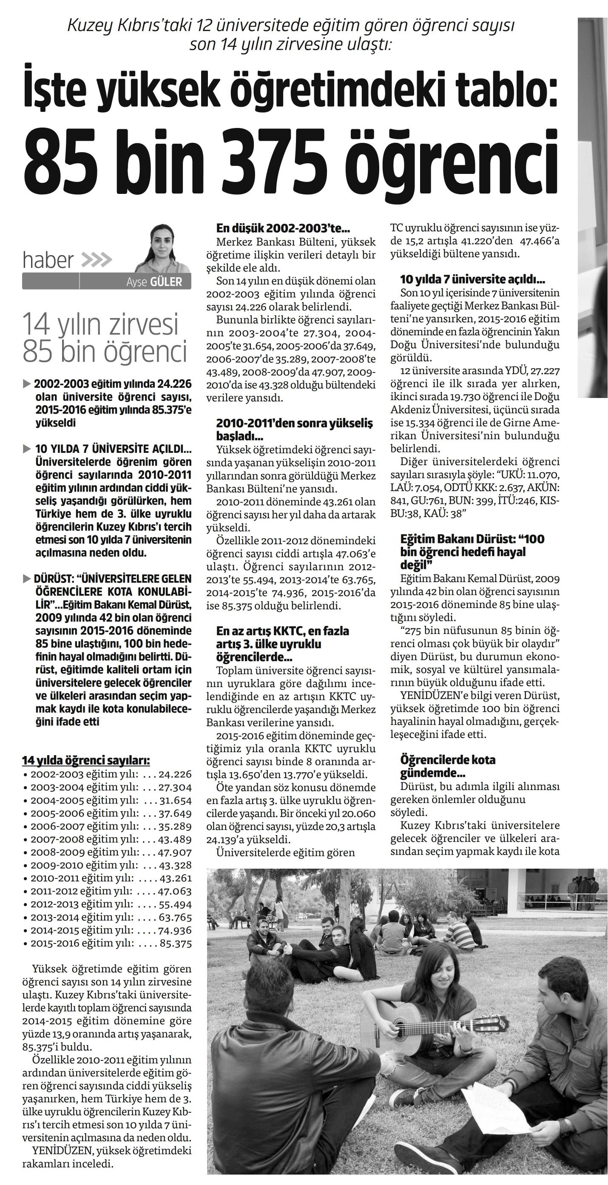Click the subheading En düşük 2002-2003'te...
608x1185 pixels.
283,229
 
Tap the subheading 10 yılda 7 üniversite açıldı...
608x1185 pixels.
473,279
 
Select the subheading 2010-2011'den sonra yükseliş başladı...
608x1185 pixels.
294,429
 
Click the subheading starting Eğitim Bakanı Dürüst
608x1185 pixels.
472,551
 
